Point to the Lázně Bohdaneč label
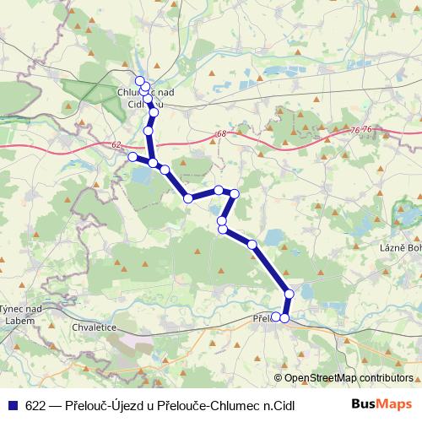click(399, 247)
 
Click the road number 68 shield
click(220, 134)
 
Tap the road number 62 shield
click(116, 145)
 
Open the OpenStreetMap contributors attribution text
click(348, 377)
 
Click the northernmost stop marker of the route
click(140, 81)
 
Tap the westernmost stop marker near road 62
click(133, 156)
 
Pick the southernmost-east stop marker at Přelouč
click(285, 318)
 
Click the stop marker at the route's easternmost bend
click(235, 194)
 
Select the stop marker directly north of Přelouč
click(289, 294)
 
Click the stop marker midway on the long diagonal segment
click(252, 245)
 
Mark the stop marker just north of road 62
click(149, 131)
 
